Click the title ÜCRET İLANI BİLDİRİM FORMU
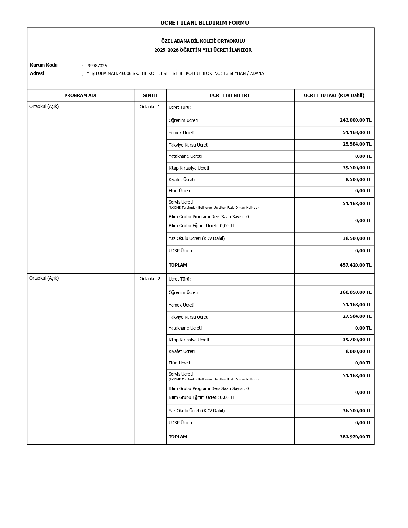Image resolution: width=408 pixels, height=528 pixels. click(x=204, y=23)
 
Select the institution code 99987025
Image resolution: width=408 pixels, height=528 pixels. click(x=97, y=66)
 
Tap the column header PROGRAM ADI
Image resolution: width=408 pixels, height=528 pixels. click(x=80, y=95)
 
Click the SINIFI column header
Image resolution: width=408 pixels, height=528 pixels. click(x=150, y=95)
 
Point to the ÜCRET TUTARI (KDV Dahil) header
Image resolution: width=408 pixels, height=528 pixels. click(x=334, y=95)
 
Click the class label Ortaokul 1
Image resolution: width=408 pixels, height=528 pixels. click(x=150, y=107)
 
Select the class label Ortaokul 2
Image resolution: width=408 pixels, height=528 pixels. click(x=150, y=279)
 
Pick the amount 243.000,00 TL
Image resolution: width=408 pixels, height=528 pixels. click(x=355, y=120)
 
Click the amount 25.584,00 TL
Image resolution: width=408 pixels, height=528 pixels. click(x=357, y=144)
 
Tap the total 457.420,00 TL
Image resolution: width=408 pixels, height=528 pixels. click(x=355, y=265)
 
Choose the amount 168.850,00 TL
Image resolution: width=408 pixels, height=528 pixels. click(x=355, y=292)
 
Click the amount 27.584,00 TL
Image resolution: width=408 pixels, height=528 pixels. click(x=357, y=316)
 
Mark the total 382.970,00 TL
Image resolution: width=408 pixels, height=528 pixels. click(x=355, y=437)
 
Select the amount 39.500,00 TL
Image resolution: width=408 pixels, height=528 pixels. click(x=357, y=168)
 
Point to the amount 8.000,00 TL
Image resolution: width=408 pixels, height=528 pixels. click(x=358, y=351)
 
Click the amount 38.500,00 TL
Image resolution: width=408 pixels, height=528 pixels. click(x=357, y=238)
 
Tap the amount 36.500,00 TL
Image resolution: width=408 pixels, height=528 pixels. click(x=357, y=411)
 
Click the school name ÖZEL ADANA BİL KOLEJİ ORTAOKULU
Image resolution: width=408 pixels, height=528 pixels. click(x=203, y=41)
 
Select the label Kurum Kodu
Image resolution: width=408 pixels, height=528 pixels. click(x=44, y=65)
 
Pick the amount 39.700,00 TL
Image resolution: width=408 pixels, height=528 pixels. click(x=357, y=340)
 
